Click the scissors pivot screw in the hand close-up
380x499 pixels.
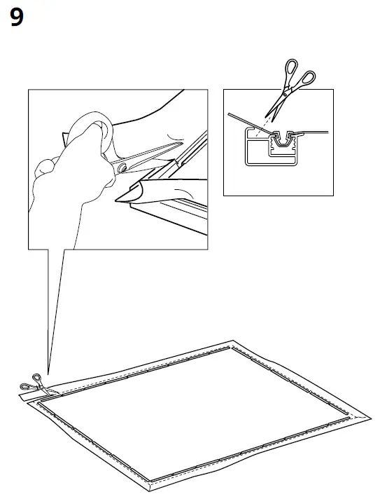123,167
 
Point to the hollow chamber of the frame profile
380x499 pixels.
257,151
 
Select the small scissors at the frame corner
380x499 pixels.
31,383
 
